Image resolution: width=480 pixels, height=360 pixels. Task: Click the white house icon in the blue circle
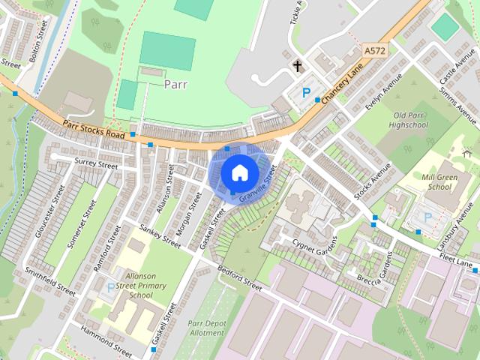coord(238,172)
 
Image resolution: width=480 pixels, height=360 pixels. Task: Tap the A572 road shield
coord(374,50)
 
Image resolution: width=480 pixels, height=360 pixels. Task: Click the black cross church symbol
coord(298,67)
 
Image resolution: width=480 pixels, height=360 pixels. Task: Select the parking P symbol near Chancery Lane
coord(305,93)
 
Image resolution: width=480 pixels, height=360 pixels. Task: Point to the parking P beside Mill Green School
coord(428,217)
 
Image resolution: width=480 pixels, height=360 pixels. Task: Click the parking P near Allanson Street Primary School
coord(111,287)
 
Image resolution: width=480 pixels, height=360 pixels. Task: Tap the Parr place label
coord(175,84)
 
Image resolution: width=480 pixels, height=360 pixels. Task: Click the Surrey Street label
coord(97,163)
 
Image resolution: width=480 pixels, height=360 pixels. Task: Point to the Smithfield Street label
coord(50,280)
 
